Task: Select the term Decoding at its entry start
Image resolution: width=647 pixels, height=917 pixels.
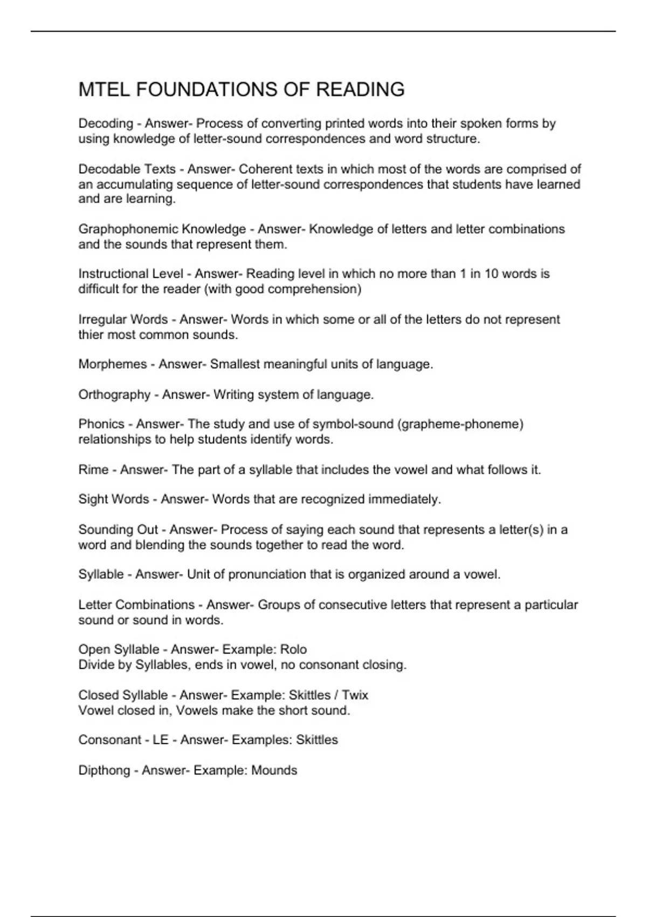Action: (x=106, y=124)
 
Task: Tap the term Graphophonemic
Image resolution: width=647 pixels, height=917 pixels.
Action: (x=128, y=229)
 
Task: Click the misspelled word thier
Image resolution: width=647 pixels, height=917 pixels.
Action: (x=91, y=335)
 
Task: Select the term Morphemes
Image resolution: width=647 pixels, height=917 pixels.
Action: (x=112, y=365)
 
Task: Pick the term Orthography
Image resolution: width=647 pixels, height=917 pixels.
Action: (x=114, y=395)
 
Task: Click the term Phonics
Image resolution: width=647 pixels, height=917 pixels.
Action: (x=101, y=425)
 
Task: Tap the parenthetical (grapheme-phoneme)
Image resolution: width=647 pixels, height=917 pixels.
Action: (x=460, y=425)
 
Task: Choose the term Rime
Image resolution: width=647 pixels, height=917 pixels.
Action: (x=93, y=470)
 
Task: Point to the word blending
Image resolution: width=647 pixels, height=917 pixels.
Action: (x=160, y=545)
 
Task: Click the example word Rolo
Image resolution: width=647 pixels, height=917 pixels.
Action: (x=293, y=649)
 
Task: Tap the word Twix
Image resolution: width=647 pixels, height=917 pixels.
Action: (x=355, y=695)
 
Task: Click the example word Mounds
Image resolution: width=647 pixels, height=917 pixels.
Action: (x=274, y=770)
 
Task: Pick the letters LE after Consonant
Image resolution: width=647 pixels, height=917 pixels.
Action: (x=161, y=740)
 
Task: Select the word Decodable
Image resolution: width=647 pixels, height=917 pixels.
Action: (x=109, y=169)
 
